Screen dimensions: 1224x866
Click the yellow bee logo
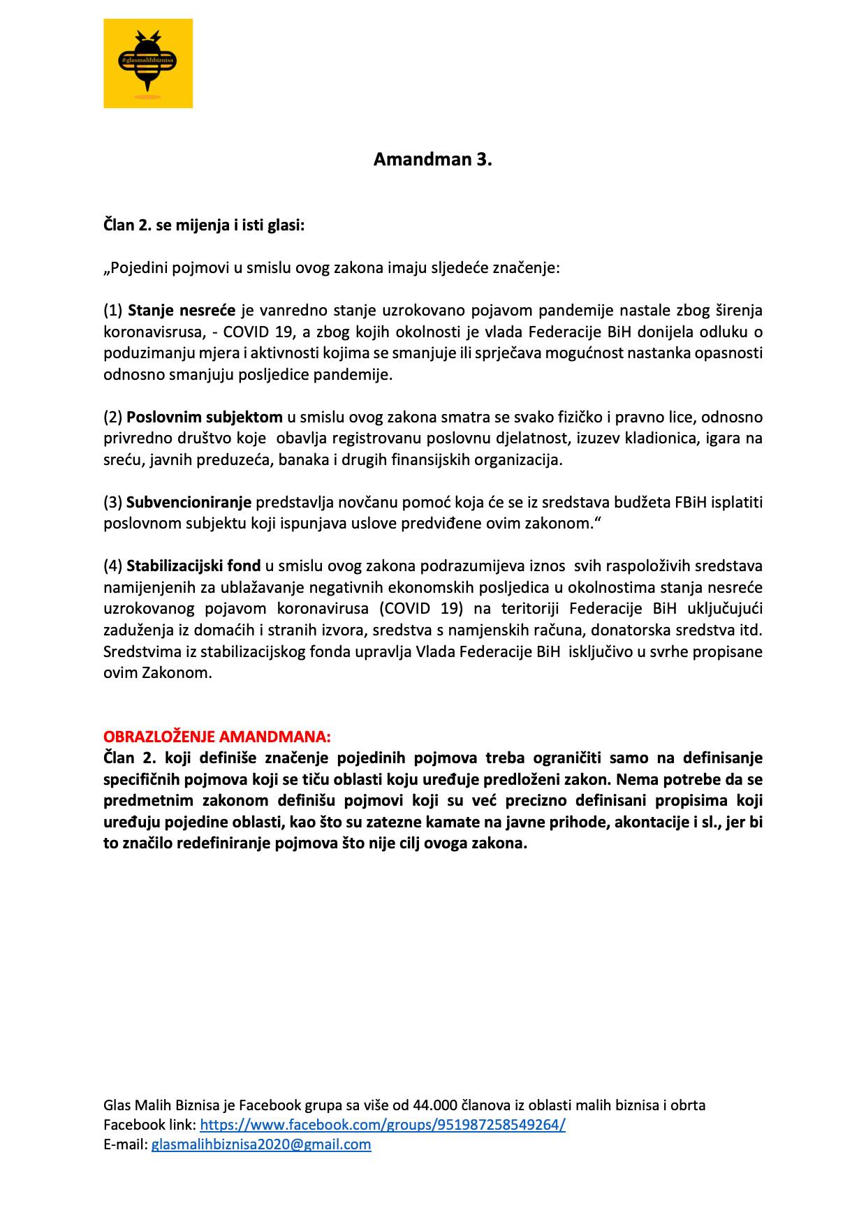[148, 64]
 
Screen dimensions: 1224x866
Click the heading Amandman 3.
[432, 160]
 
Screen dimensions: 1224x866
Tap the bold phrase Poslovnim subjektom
[205, 418]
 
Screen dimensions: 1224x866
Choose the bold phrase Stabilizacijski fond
[193, 566]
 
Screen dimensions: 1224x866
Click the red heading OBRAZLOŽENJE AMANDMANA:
[217, 737]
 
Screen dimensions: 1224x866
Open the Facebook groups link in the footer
[382, 1125]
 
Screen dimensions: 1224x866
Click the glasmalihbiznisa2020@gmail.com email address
[261, 1144]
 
